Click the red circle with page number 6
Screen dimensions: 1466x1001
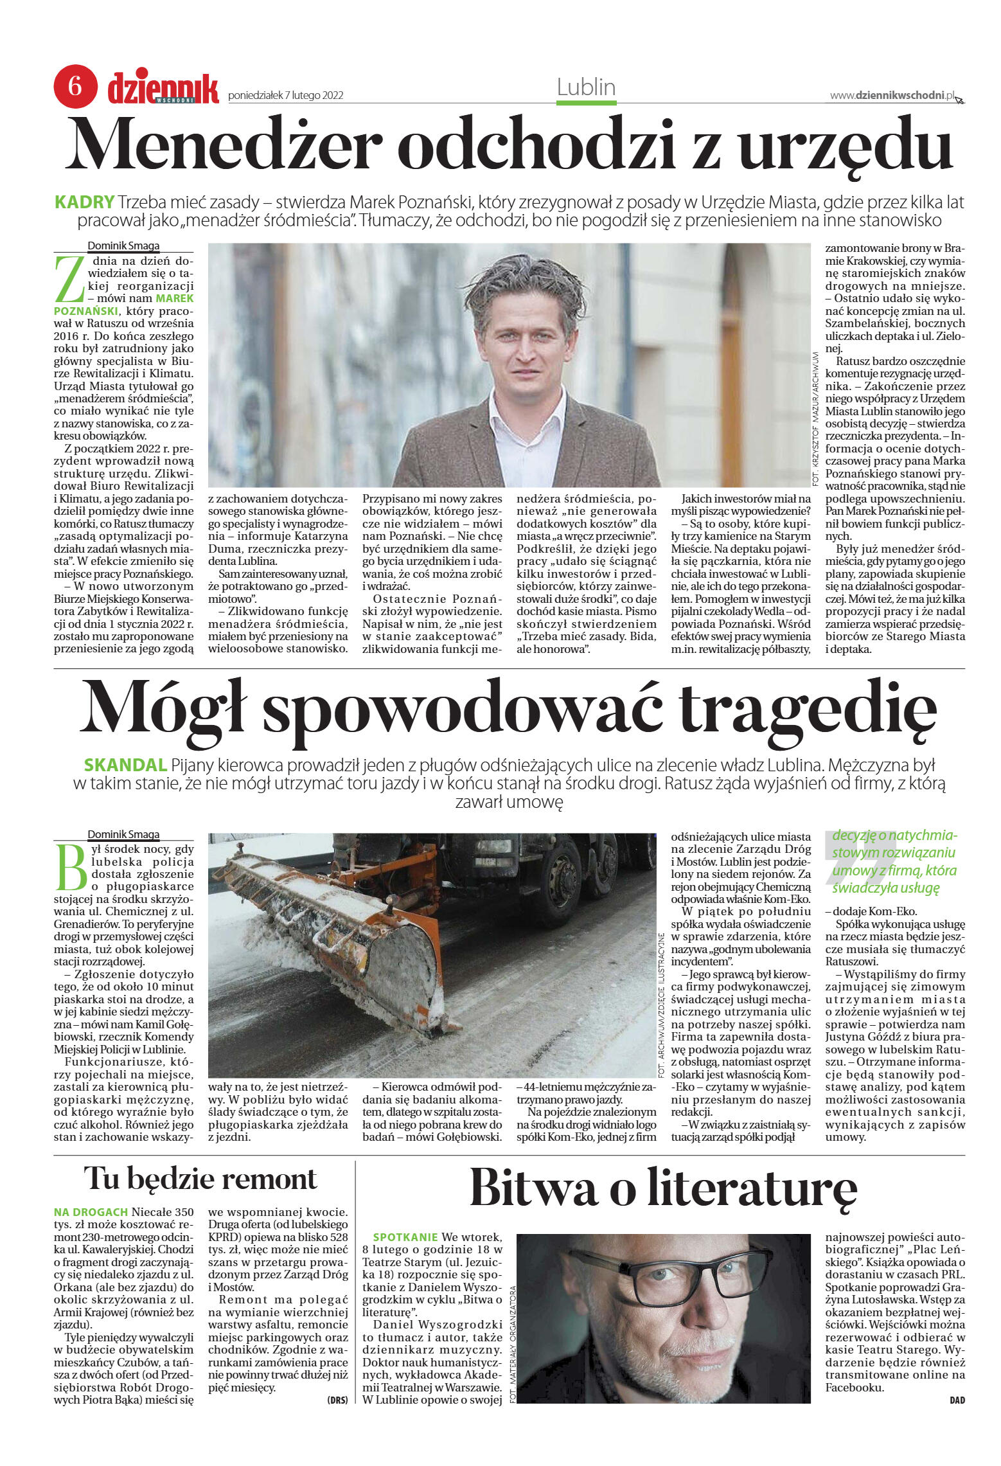75,86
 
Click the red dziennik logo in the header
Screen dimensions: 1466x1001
163,88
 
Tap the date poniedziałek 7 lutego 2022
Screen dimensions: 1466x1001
286,96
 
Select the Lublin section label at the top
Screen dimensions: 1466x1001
586,87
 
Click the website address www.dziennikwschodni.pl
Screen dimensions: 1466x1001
892,95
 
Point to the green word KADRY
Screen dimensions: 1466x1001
85,202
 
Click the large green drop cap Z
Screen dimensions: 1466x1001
69,279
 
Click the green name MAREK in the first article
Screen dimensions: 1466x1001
174,298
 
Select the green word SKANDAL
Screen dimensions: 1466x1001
125,765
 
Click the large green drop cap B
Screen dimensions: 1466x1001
70,866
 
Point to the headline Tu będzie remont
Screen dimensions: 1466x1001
200,1179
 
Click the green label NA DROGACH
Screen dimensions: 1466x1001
91,1212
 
